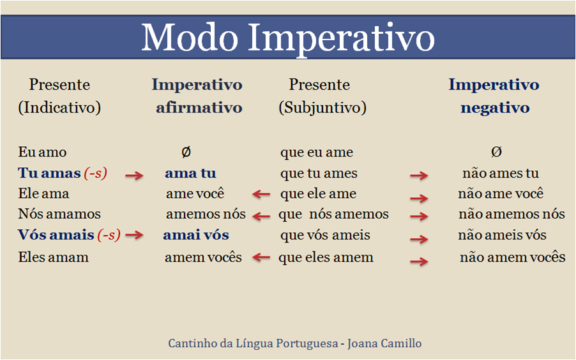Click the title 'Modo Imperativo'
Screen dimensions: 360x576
(x=287, y=37)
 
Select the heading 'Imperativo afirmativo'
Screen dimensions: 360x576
(x=197, y=96)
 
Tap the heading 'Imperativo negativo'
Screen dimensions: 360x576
(x=494, y=96)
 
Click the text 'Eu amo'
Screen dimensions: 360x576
(x=42, y=152)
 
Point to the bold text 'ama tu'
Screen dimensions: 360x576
(x=190, y=173)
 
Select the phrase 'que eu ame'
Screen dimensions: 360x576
(x=316, y=152)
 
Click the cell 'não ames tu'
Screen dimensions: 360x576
(x=501, y=173)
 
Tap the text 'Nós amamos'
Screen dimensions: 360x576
(x=59, y=214)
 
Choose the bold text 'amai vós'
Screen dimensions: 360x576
(x=195, y=235)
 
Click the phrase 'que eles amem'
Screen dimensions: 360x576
(x=326, y=257)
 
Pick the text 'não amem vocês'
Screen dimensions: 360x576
(x=512, y=257)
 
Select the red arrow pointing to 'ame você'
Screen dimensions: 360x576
(x=261, y=195)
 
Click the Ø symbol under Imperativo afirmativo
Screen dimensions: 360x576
(x=186, y=152)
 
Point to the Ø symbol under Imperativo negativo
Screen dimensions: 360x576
(x=496, y=152)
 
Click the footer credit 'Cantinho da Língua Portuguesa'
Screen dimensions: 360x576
(x=253, y=343)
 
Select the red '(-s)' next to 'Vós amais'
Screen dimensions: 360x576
(x=109, y=235)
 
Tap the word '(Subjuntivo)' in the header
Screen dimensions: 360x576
(x=322, y=108)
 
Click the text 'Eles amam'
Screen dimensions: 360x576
(x=54, y=257)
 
